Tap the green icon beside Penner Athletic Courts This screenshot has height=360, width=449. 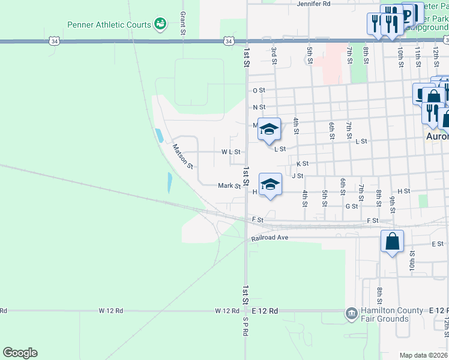click(x=160, y=24)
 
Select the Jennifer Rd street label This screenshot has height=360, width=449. click(x=313, y=4)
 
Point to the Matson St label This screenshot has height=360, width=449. click(x=182, y=156)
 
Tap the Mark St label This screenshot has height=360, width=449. click(x=229, y=186)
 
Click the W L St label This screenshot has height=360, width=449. click(x=231, y=152)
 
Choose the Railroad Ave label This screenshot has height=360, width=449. click(x=270, y=238)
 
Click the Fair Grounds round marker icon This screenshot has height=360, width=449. click(x=351, y=313)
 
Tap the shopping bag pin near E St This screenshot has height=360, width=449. click(x=392, y=242)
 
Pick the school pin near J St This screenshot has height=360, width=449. click(x=270, y=185)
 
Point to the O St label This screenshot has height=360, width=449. click(x=259, y=91)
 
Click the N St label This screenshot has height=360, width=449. click(x=259, y=107)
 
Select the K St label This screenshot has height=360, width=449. click(x=302, y=163)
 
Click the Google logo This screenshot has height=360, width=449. click(x=20, y=353)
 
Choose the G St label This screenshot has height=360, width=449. click(x=352, y=206)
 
